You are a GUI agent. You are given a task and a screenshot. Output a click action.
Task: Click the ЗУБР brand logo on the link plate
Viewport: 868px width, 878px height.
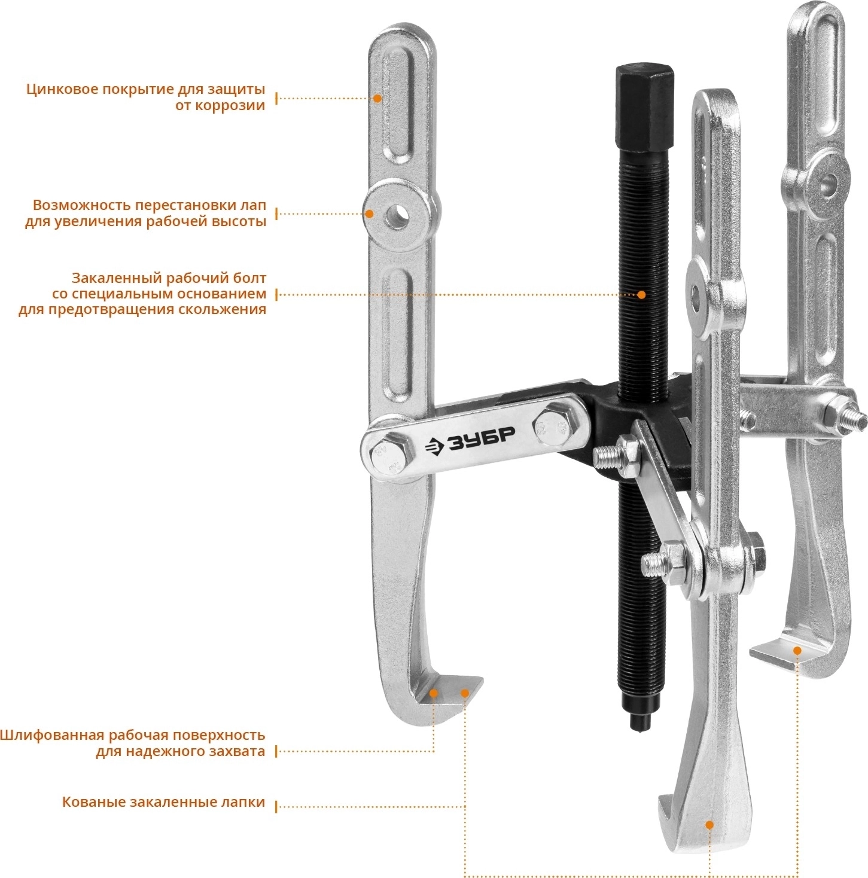point(470,441)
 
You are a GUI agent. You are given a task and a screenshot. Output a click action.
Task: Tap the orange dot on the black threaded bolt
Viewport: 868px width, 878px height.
point(641,294)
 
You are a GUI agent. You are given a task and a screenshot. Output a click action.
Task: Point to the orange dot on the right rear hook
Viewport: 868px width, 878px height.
point(797,651)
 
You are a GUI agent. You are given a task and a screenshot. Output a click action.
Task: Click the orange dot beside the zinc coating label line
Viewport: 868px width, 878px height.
point(377,98)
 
